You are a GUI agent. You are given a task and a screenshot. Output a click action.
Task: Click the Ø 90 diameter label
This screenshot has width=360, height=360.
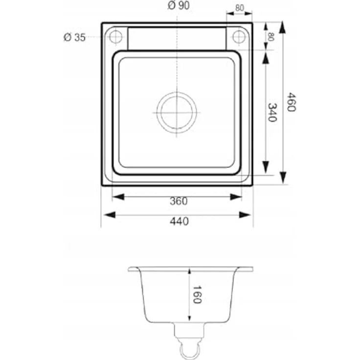[x=179, y=5]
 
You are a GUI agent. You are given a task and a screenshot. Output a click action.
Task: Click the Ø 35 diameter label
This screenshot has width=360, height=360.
[x=75, y=37]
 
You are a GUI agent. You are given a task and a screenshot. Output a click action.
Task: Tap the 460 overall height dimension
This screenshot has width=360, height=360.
[x=292, y=102]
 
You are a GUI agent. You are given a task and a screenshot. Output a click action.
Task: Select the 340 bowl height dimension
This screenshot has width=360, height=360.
[x=272, y=112]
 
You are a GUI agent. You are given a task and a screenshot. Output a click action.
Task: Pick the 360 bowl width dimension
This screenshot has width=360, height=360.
[x=179, y=201]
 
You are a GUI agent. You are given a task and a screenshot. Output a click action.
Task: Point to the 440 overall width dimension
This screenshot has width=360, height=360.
[x=180, y=221]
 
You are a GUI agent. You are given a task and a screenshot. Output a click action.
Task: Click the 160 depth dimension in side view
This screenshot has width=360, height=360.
[x=197, y=294]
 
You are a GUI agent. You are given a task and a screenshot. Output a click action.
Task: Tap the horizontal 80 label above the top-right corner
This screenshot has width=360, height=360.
[x=240, y=8]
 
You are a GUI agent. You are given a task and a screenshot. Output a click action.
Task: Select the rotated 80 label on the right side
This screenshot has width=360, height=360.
[x=271, y=37]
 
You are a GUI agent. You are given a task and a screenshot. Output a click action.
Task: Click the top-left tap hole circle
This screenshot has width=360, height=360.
[x=116, y=37]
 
